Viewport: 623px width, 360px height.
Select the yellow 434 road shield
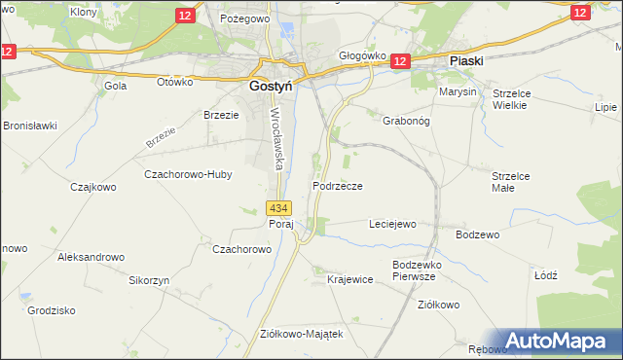click(x=278, y=208)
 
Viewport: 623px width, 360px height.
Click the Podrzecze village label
click(x=338, y=186)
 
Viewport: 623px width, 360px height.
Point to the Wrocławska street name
click(x=275, y=137)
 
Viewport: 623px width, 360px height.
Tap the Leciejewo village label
click(x=392, y=224)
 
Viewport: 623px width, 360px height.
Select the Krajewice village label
click(x=350, y=279)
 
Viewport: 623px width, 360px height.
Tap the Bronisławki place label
click(x=30, y=126)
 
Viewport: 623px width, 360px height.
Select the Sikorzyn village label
click(x=150, y=279)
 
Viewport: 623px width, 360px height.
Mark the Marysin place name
click(x=458, y=91)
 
